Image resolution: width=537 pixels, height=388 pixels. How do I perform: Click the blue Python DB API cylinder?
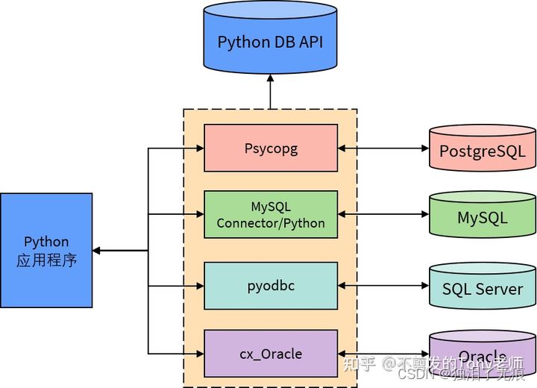click(x=270, y=42)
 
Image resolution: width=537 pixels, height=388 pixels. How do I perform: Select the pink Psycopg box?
click(x=271, y=148)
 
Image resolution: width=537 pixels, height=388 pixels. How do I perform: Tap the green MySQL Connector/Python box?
click(x=271, y=214)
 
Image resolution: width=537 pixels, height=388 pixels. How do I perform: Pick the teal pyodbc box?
click(x=271, y=285)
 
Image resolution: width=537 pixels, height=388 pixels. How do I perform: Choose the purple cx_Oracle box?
click(x=271, y=354)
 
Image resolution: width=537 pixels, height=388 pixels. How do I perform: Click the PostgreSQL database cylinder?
click(x=482, y=149)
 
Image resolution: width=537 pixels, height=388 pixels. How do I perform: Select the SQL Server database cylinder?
click(x=482, y=287)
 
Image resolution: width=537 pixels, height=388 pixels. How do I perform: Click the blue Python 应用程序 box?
click(x=46, y=251)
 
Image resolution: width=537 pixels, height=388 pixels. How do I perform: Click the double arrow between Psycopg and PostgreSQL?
click(x=383, y=148)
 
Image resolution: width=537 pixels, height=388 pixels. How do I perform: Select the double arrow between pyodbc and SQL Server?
click(x=383, y=285)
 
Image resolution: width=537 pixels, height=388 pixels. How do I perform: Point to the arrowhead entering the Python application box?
click(x=98, y=251)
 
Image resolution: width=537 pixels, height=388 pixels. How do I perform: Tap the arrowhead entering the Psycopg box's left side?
click(x=199, y=148)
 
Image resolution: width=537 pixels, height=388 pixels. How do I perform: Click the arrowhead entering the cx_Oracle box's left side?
click(x=199, y=354)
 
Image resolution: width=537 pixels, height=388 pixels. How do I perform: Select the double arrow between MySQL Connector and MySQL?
click(x=383, y=215)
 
